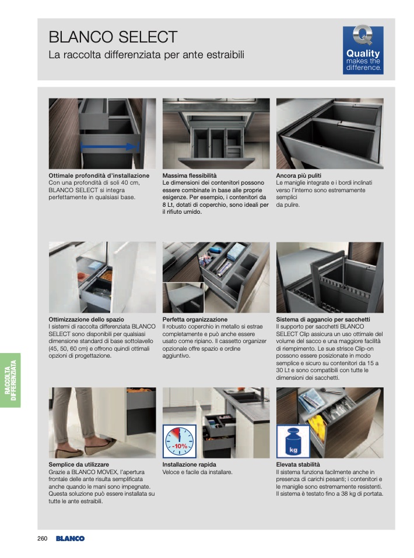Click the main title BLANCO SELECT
pos(113,37)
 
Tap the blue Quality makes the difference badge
pos(363,50)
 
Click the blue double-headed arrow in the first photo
pos(110,146)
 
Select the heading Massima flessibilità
pos(189,175)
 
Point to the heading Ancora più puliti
pos(299,175)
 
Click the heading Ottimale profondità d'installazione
pos(99,175)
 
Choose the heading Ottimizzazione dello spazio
pos(86,319)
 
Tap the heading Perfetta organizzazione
pos(195,319)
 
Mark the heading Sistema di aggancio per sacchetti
pos(323,319)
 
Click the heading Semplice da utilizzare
pos(79,464)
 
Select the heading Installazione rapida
pos(189,464)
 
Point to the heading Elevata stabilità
pos(298,464)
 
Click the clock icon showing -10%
pos(180,442)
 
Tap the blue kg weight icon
pos(293,442)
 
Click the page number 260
pos(43,538)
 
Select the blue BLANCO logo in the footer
pos(70,538)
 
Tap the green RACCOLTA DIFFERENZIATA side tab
pos(10,380)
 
